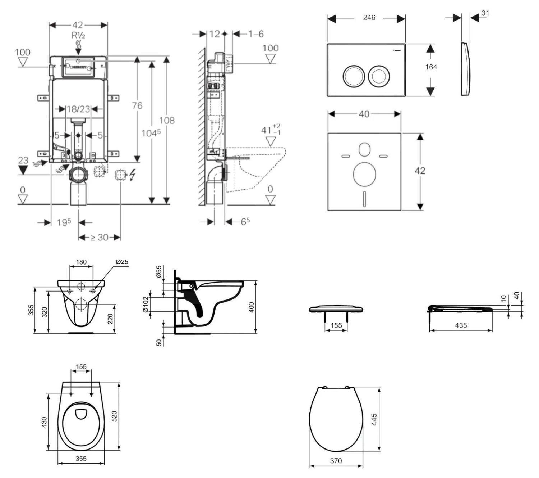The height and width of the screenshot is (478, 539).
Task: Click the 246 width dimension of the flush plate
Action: click(369, 18)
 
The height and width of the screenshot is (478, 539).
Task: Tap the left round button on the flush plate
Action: click(354, 76)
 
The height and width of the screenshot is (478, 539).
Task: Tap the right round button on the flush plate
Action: click(379, 76)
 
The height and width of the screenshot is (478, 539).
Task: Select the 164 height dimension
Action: click(431, 67)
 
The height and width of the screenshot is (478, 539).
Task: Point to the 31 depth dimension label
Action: click(485, 13)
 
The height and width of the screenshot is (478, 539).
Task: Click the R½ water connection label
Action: click(78, 35)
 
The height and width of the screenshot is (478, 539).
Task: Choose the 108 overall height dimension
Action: click(167, 120)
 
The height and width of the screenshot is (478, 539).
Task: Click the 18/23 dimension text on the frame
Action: click(78, 109)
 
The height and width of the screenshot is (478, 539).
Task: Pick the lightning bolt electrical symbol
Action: click(132, 175)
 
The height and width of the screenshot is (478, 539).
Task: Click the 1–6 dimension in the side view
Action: click(255, 34)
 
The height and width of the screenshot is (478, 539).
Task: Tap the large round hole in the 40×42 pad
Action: click(364, 175)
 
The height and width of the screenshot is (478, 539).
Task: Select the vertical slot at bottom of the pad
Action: click(364, 199)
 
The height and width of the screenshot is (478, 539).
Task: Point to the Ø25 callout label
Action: click(122, 262)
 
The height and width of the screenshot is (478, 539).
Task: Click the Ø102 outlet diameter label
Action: click(146, 305)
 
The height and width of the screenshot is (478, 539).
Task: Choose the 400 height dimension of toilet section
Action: click(252, 307)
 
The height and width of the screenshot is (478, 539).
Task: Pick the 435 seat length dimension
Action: click(461, 325)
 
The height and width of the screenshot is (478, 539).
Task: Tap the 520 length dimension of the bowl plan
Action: click(115, 416)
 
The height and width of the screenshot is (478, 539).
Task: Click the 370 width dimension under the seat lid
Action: click(336, 461)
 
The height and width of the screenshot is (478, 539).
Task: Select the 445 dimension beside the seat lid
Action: click(374, 419)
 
